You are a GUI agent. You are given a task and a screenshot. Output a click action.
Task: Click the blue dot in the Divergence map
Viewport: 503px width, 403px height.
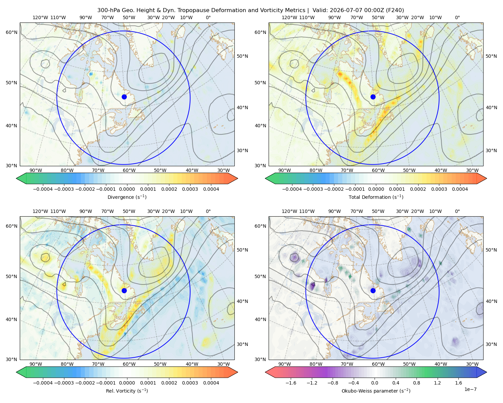tap(124, 97)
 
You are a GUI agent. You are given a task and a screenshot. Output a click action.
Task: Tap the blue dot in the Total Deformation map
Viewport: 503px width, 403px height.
tap(373, 97)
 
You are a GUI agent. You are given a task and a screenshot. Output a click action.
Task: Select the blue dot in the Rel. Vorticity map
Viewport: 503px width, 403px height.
tap(124, 290)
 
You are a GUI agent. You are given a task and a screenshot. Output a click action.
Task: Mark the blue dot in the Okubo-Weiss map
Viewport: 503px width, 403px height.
tap(373, 290)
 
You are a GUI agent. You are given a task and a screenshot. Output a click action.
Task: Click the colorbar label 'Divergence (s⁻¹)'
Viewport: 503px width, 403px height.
tap(127, 197)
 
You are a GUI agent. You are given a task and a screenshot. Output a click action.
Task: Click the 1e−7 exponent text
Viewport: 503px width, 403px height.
tap(470, 389)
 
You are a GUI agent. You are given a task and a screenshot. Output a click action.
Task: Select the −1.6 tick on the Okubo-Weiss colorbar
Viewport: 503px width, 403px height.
tap(291, 383)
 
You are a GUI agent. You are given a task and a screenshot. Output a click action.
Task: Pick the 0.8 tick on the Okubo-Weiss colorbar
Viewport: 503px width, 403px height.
tap(416, 383)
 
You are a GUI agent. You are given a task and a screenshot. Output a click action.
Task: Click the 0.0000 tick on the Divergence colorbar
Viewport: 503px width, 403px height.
tap(127, 189)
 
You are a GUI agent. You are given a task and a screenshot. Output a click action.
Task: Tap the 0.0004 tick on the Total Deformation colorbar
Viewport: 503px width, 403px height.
tap(460, 189)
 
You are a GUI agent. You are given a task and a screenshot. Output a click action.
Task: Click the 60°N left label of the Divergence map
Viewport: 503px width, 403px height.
tap(11, 32)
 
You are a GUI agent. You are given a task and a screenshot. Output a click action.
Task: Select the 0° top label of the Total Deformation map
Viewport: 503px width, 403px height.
tap(457, 17)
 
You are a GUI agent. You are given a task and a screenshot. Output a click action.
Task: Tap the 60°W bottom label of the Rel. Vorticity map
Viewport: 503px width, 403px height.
tap(129, 364)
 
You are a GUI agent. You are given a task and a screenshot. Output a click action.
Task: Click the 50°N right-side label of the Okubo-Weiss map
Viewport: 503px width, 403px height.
tap(491, 250)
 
